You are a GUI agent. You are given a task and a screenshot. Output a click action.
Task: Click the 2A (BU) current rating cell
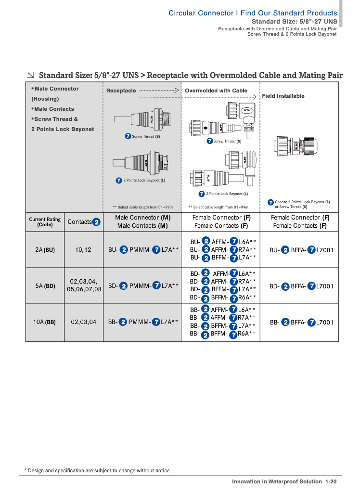pos(45,250)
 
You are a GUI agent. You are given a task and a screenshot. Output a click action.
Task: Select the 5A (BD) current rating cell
pos(45,286)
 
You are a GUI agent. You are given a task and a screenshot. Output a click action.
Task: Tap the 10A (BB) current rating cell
pos(45,322)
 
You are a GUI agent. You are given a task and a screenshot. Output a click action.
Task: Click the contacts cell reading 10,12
pos(83,250)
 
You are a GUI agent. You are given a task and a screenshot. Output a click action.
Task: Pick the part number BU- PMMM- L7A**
pos(143,250)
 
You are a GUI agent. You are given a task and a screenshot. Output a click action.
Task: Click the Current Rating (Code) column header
pos(45,222)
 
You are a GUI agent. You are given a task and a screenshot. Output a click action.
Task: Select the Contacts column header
pos(83,222)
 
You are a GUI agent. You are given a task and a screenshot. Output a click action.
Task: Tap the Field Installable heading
pos(283,96)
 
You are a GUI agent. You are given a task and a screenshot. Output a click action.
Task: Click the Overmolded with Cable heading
pos(216,91)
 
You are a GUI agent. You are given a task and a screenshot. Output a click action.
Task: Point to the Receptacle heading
pos(121,91)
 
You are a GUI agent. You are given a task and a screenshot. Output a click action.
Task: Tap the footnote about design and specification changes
pos(97,470)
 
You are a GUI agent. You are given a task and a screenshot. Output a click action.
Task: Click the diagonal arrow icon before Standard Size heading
pos(31,75)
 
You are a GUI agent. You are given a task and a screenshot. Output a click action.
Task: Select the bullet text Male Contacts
pos(52,109)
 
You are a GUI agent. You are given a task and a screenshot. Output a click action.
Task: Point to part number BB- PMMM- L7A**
pos(143,322)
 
